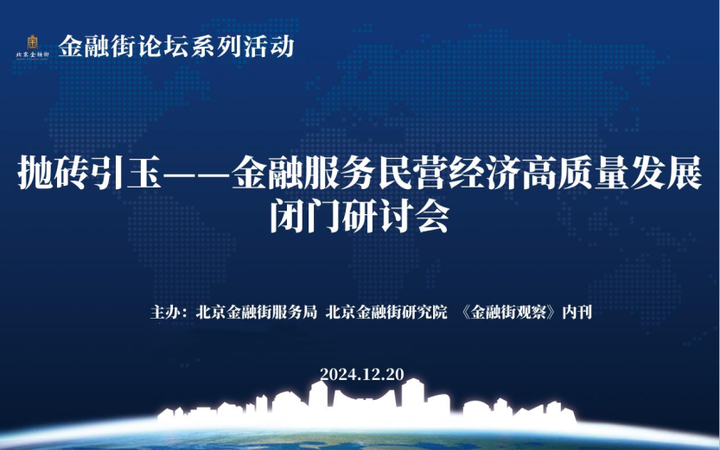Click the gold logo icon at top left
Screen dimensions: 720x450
click(32, 42)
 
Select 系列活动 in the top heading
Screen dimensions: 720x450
click(242, 47)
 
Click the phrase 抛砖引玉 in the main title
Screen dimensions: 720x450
click(89, 173)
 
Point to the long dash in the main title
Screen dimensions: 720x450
click(196, 174)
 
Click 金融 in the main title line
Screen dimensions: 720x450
click(267, 173)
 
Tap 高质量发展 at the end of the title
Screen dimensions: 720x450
click(612, 173)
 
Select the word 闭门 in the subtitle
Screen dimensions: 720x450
click(305, 216)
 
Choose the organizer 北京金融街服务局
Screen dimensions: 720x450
click(256, 313)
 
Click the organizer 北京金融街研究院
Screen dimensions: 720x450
click(386, 313)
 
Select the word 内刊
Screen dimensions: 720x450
click(577, 313)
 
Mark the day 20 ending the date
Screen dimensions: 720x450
click(395, 374)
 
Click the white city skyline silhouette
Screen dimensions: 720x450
click(366, 403)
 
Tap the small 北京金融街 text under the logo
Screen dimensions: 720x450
click(32, 54)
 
